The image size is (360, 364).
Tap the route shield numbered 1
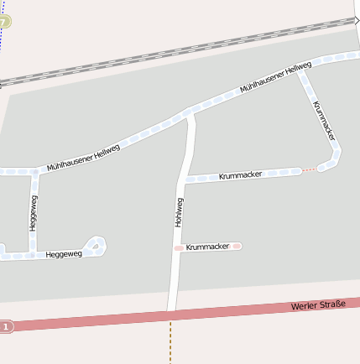[x=7, y=326]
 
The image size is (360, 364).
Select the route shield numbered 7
[x=5, y=21]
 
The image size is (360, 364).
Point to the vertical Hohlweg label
[x=178, y=213]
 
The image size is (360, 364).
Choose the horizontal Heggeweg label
[x=64, y=253]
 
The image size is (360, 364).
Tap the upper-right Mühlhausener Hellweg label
[x=275, y=77]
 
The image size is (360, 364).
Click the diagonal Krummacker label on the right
[x=326, y=120]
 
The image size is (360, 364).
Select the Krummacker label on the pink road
[x=207, y=247]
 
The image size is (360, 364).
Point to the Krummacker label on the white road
[x=240, y=175]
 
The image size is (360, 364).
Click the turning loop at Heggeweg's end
[x=97, y=246]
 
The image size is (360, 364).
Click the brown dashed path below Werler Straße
[x=170, y=344]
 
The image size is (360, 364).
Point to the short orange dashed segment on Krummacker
[x=309, y=169]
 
